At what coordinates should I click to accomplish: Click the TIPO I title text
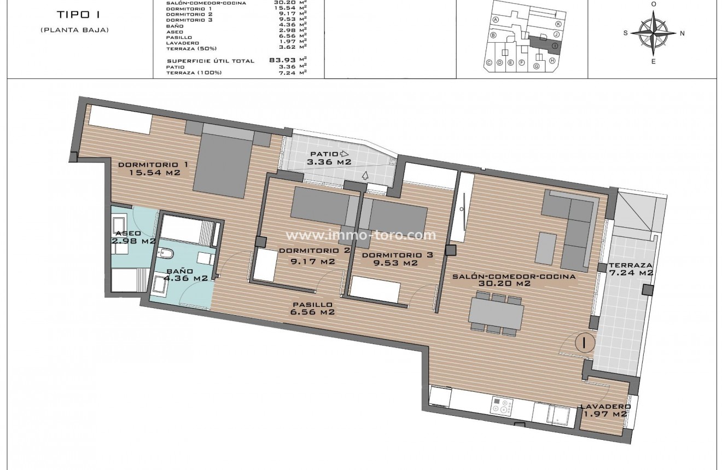75,15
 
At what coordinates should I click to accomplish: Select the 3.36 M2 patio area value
329,162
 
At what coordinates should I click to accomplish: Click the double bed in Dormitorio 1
222,164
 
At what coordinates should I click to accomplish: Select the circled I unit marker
585,343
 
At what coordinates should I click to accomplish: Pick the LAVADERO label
605,407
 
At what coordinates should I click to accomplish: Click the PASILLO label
312,305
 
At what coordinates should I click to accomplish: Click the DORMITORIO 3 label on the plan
392,255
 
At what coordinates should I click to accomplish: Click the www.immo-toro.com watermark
362,235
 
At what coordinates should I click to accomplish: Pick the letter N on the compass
682,33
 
